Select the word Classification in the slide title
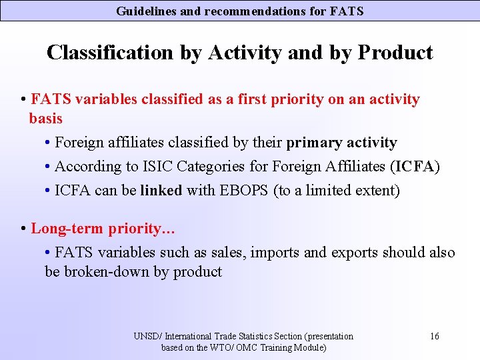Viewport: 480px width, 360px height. (109, 53)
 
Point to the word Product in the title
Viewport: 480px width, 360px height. (395, 53)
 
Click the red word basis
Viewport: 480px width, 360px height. (45, 119)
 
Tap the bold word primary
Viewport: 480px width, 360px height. (313, 143)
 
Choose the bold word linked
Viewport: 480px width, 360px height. (161, 191)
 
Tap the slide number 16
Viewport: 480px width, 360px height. (434, 336)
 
